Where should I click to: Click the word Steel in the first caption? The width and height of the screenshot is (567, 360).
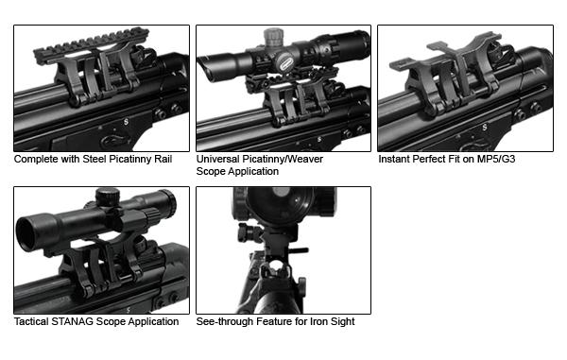(94, 159)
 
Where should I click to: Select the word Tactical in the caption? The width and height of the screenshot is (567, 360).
(31, 321)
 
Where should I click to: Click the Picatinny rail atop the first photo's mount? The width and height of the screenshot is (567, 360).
(90, 46)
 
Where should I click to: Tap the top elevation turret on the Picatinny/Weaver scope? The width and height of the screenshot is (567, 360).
(274, 37)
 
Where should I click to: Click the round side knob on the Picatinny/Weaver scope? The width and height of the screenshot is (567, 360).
(285, 62)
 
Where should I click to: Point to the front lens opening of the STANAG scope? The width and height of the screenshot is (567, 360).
(28, 233)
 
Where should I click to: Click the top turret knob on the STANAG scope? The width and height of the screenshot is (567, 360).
(108, 197)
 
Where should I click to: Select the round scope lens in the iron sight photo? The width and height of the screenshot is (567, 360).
(281, 203)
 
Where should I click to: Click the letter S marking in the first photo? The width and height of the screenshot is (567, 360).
(126, 122)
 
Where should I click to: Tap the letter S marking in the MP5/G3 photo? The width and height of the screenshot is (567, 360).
(484, 128)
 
